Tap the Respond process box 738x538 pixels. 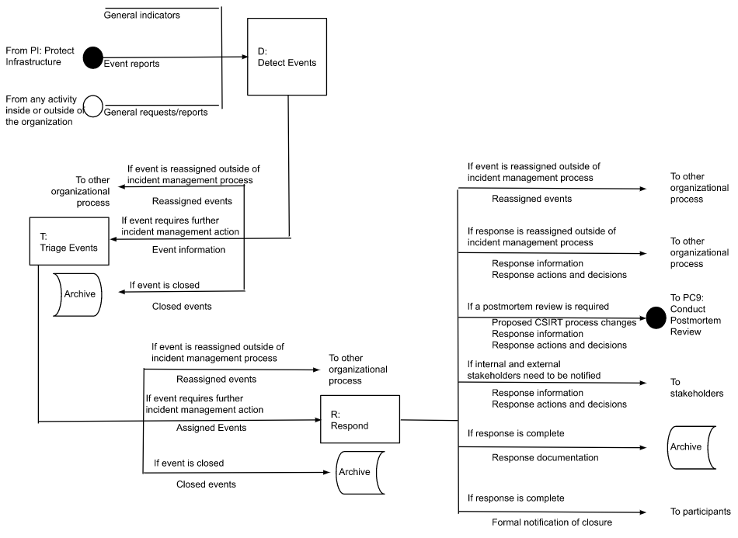point(360,419)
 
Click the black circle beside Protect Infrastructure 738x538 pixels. point(93,57)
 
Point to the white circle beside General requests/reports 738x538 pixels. point(93,106)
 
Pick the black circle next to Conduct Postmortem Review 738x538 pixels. point(656,317)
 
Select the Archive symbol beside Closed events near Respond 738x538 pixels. point(360,472)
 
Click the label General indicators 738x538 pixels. point(141,15)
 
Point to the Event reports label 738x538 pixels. point(132,64)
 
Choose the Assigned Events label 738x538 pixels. point(212,428)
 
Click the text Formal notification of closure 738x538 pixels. point(552,522)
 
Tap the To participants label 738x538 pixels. point(699,512)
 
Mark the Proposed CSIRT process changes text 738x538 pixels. point(565,322)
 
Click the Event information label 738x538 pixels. point(189,250)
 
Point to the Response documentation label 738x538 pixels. point(545,457)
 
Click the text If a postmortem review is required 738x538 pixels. point(538,307)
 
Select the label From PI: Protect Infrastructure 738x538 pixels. point(40,57)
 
